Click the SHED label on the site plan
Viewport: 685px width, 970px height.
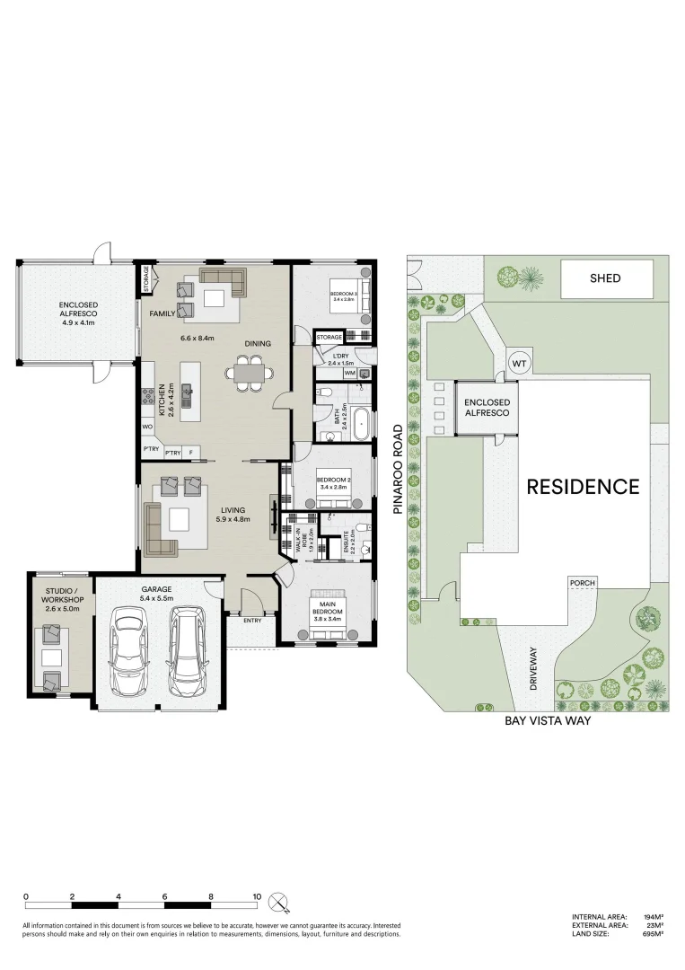click(605, 278)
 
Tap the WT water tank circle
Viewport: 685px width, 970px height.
click(519, 363)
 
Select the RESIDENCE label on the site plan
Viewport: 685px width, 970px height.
click(583, 487)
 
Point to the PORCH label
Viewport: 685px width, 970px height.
click(582, 583)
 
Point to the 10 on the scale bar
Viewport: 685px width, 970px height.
click(257, 896)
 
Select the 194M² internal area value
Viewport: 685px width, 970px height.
click(653, 916)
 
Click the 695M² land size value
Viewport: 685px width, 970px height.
click(653, 934)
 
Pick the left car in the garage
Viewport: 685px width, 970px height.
click(127, 652)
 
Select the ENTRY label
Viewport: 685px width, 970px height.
click(252, 620)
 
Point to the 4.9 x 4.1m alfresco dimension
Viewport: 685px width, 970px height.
click(79, 322)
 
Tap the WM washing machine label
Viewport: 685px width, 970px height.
click(349, 373)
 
